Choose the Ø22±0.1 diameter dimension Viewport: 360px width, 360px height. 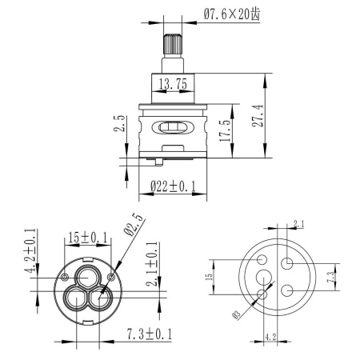coord(174,186)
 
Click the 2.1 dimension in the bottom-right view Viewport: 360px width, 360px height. coord(299,223)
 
